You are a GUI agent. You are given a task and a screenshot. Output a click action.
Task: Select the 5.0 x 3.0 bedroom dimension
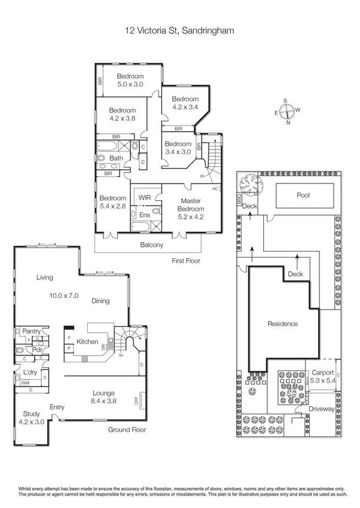pos(130,84)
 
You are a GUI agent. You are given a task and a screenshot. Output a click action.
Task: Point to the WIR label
pos(145,197)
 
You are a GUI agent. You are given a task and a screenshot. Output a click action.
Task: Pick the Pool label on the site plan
pos(304,195)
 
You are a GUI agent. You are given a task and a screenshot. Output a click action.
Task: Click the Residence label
pos(282,324)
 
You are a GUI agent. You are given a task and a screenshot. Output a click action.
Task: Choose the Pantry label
pos(31,330)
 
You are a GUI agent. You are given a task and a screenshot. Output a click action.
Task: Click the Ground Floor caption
pos(127,429)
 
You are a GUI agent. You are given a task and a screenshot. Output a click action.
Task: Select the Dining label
pos(100,301)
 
